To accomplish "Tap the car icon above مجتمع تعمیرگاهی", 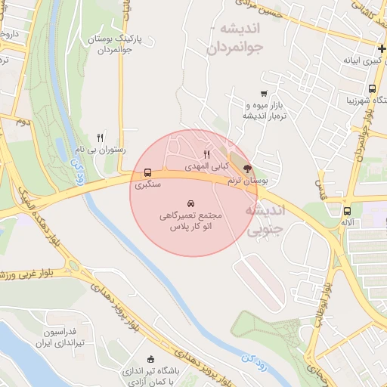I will pyautogui.click(x=189, y=204).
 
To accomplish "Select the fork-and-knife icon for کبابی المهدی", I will pyautogui.click(x=206, y=154).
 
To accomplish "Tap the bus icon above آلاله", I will pyautogui.click(x=347, y=212).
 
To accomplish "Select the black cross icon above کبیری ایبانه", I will pyautogui.click(x=382, y=49).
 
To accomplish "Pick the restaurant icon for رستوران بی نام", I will pyautogui.click(x=100, y=138).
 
